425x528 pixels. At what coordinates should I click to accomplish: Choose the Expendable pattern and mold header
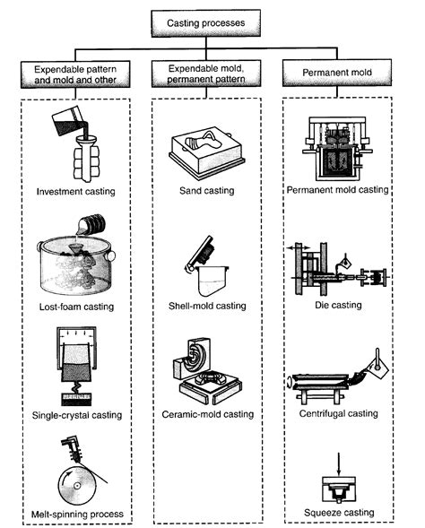(x=74, y=71)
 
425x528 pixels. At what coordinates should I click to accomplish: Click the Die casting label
(x=334, y=305)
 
